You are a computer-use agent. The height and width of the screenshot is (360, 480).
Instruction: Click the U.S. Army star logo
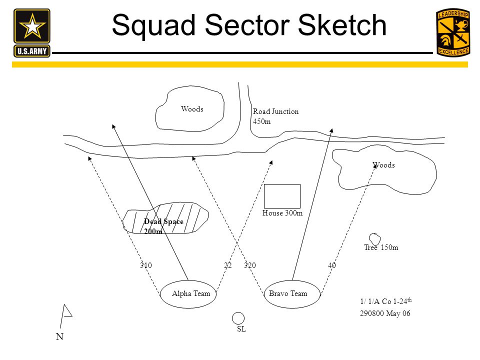[x=32, y=32]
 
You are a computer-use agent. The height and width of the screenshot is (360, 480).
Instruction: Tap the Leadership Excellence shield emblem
[x=452, y=32]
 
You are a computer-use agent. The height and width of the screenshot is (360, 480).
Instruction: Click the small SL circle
[x=238, y=317]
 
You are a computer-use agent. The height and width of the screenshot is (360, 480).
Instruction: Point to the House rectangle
[x=282, y=196]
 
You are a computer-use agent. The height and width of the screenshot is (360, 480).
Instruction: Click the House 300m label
[x=282, y=213]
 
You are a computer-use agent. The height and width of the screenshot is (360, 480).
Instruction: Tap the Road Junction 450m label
[x=275, y=116]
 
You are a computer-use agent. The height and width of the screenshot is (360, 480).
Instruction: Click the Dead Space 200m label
[x=163, y=226]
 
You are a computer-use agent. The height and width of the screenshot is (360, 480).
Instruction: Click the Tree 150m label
[x=381, y=247]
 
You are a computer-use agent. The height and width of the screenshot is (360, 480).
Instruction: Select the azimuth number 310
[x=145, y=265]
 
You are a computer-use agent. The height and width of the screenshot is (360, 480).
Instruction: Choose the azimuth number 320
[x=249, y=265]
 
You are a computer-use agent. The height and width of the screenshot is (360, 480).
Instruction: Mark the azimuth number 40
[x=332, y=265]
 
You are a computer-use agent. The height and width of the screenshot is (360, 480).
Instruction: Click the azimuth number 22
[x=228, y=265]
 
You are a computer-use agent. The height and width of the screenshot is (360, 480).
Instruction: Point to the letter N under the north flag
[x=60, y=337]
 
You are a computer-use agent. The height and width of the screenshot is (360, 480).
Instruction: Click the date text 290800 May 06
[x=385, y=314]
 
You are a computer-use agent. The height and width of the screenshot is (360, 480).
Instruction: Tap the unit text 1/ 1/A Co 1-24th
[x=385, y=301]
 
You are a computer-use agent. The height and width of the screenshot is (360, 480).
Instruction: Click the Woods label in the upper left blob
[x=192, y=109]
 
